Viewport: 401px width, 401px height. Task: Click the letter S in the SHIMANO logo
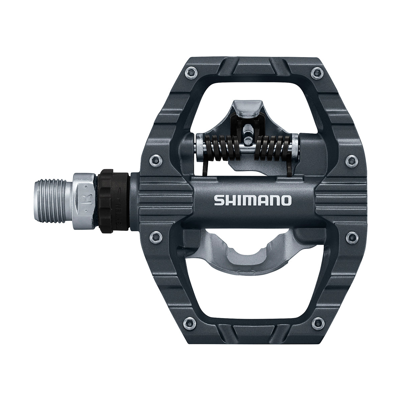point(219,200)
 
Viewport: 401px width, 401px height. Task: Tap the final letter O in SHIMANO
point(286,200)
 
